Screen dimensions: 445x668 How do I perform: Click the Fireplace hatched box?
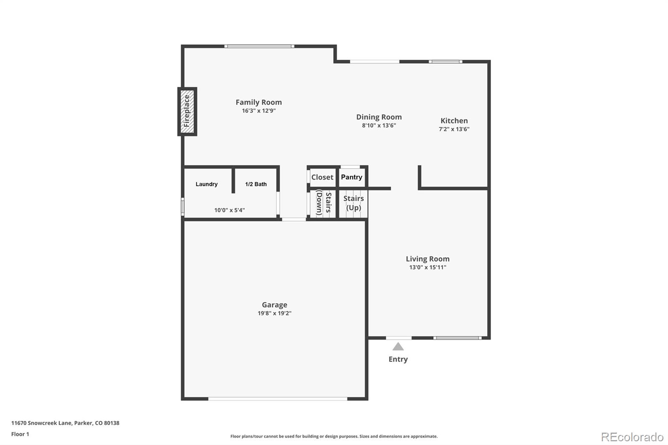(x=187, y=111)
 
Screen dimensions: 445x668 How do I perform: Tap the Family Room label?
(x=258, y=102)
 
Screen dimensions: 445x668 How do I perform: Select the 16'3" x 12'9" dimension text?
(x=258, y=111)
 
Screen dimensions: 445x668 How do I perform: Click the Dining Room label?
(x=379, y=117)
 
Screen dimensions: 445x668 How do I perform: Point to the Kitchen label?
(x=454, y=121)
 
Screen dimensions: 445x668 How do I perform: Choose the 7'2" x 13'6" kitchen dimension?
(x=454, y=129)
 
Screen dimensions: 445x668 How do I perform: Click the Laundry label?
(x=206, y=184)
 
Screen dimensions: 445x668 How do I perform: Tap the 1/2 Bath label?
(x=256, y=184)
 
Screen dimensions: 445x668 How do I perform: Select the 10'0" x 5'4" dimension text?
(x=229, y=210)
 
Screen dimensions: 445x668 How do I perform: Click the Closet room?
(x=322, y=177)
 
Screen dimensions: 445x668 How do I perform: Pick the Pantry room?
(x=352, y=177)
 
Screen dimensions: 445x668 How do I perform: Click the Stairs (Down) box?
(x=323, y=203)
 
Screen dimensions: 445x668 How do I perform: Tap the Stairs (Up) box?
(x=353, y=203)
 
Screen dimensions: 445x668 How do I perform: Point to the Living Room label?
(x=428, y=259)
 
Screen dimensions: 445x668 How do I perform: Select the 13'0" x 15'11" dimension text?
(x=428, y=268)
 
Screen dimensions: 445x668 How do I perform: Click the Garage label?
(x=274, y=305)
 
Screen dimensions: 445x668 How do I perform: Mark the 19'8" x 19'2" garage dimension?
(x=274, y=314)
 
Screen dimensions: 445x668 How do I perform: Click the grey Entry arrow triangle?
(x=398, y=346)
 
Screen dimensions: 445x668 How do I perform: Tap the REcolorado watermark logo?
(x=632, y=437)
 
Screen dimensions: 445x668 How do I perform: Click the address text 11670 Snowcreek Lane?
(x=41, y=423)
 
